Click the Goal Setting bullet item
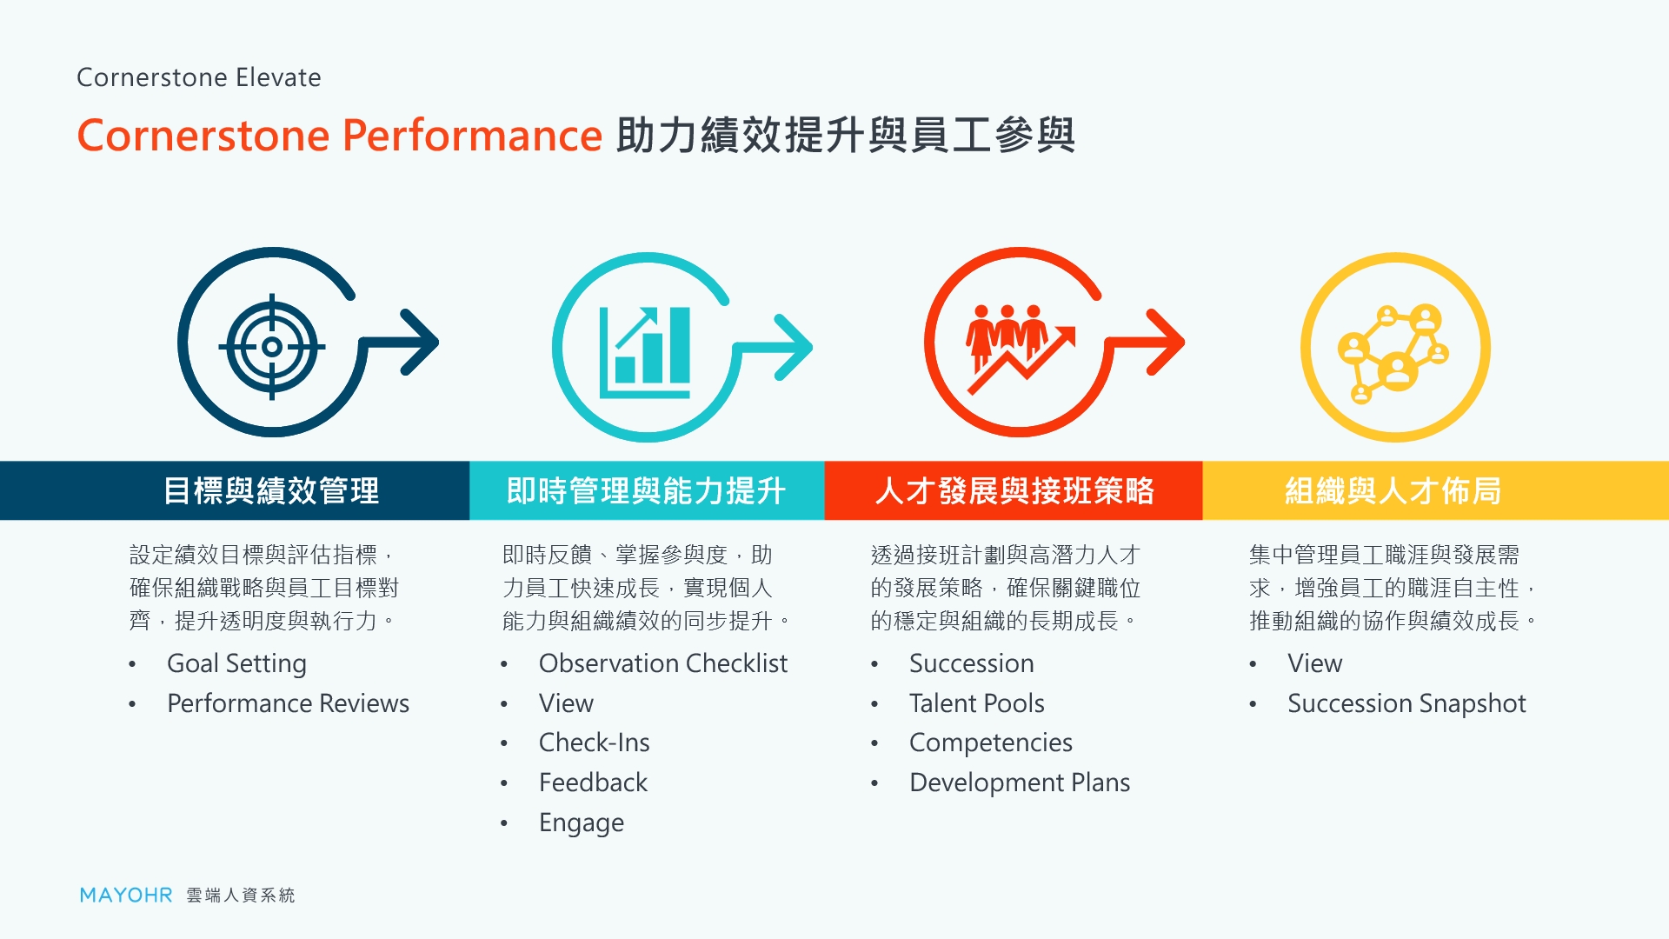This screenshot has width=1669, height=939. click(x=236, y=663)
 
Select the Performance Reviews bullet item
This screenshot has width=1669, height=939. click(x=288, y=703)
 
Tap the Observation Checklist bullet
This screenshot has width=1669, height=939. click(x=662, y=663)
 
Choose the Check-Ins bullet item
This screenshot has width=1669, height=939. click(x=594, y=743)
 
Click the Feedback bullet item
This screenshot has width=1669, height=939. click(x=593, y=782)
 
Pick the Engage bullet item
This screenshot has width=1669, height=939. click(x=582, y=822)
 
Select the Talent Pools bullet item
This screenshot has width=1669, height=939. click(x=976, y=703)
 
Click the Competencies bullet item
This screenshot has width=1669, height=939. click(x=990, y=743)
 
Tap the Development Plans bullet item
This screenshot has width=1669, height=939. click(x=1020, y=782)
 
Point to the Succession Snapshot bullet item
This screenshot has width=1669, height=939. click(x=1406, y=703)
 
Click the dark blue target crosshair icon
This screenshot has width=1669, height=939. click(x=272, y=347)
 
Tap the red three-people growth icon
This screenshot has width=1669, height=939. click(x=1021, y=348)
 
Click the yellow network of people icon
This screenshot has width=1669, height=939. click(x=1393, y=352)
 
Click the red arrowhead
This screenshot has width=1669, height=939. click(x=1167, y=343)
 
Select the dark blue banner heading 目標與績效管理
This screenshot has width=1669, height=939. click(x=271, y=491)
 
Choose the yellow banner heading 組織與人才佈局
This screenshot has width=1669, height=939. click(x=1393, y=491)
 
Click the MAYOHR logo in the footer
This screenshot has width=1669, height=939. click(x=126, y=895)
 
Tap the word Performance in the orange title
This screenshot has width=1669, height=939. click(x=472, y=136)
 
